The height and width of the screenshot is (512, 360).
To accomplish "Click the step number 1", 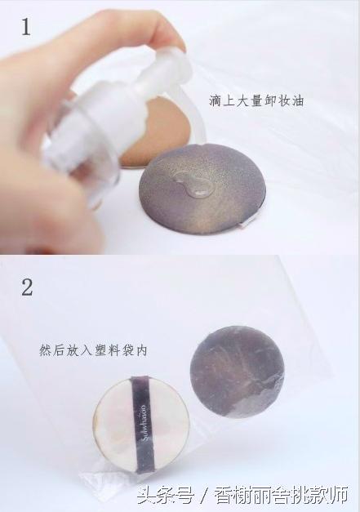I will point(25,26).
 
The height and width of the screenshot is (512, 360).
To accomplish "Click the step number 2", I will point(27,287).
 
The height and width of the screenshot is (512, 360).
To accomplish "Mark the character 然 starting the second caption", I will point(46,350).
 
